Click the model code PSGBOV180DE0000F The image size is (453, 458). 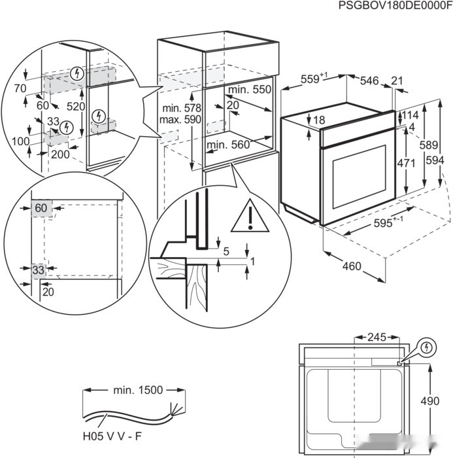click(x=395, y=6)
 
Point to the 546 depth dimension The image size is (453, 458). click(x=369, y=80)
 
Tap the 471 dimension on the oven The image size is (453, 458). click(x=407, y=163)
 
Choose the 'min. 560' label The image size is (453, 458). click(x=228, y=145)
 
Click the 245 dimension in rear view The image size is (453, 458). click(x=376, y=338)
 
